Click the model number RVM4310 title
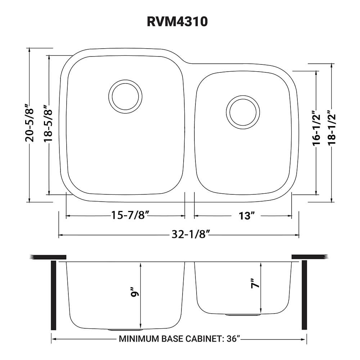pos(177,21)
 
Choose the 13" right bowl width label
pos(247,216)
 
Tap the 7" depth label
pos(255,284)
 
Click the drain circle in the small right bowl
pos(243,112)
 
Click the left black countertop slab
pos(48,257)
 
